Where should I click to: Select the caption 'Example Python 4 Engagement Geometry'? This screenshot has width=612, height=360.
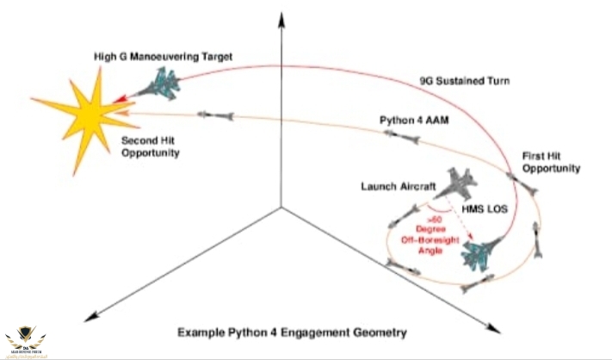[x=293, y=331]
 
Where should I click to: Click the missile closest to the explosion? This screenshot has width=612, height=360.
[x=213, y=114]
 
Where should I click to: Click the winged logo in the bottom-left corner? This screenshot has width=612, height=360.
[x=26, y=339]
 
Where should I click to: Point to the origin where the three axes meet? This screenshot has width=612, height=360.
[x=281, y=207]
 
